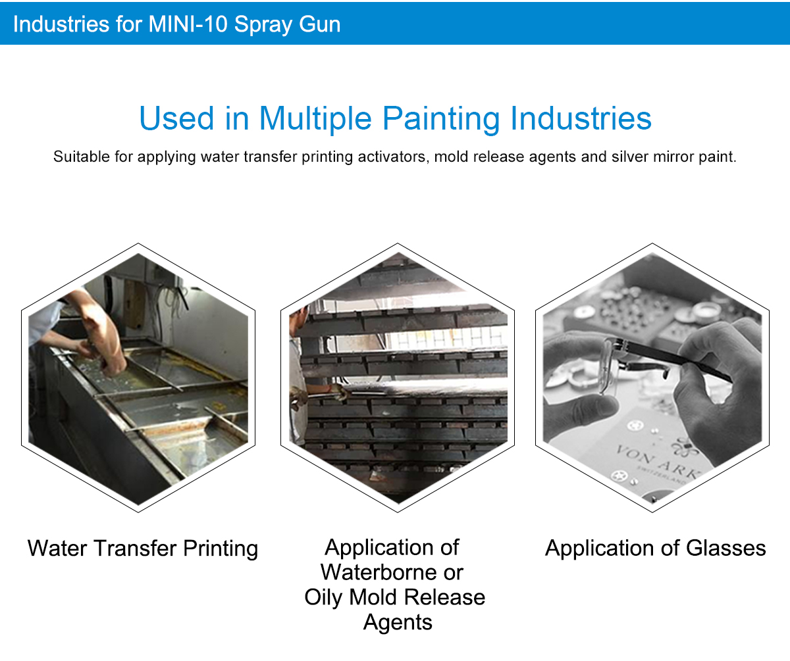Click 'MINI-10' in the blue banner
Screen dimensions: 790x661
coord(188,24)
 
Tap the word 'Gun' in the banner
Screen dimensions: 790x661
coord(319,24)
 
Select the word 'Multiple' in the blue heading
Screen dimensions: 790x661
coord(315,119)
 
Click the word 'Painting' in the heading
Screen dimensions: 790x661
coord(441,119)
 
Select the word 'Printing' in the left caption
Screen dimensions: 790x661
coord(221,549)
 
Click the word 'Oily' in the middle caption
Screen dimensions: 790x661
coord(323,598)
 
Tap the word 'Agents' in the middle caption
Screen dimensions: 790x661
coord(398,623)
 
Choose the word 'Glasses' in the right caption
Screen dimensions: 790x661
coord(726,549)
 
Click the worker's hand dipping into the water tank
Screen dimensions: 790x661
coord(113,364)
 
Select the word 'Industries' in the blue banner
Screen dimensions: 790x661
coord(61,24)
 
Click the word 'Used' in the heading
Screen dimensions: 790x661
coord(176,119)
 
